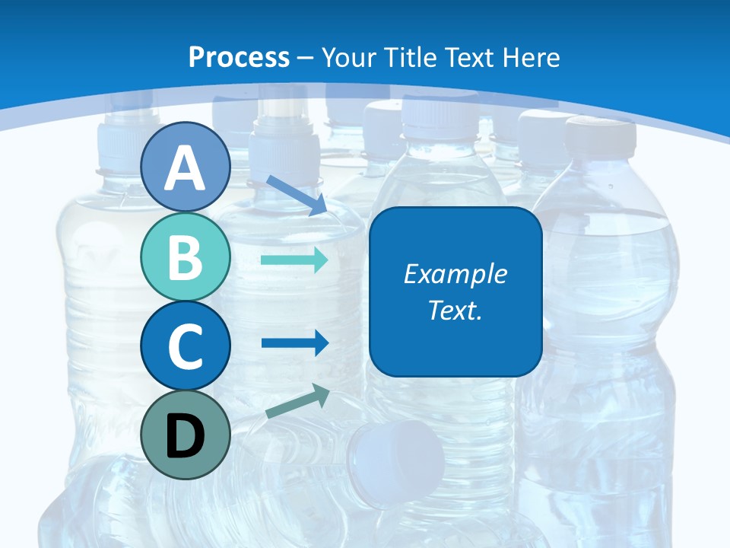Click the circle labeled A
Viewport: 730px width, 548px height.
click(x=186, y=167)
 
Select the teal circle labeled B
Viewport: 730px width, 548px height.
click(x=186, y=256)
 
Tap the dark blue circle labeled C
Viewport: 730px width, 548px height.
click(x=186, y=346)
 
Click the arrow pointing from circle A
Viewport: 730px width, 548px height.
click(x=297, y=195)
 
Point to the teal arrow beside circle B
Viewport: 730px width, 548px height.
click(x=294, y=260)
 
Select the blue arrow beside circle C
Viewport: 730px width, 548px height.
click(x=294, y=342)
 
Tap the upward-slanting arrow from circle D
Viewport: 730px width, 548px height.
click(x=297, y=401)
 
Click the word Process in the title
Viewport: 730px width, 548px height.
click(x=239, y=57)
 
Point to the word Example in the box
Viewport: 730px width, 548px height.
click(x=455, y=274)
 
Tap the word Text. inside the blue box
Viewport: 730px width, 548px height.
click(x=455, y=310)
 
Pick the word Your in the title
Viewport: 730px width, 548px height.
click(x=347, y=57)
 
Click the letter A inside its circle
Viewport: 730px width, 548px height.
click(x=186, y=168)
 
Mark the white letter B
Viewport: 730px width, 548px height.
click(x=186, y=257)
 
